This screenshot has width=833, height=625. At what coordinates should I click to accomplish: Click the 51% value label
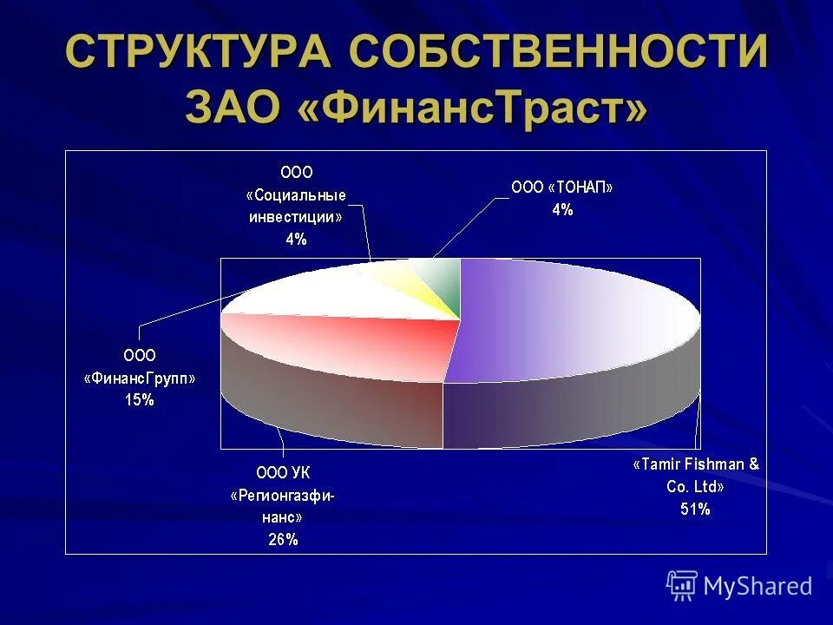click(695, 510)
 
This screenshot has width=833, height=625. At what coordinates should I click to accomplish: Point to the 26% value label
click(282, 539)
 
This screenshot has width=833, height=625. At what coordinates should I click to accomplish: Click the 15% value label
click(139, 399)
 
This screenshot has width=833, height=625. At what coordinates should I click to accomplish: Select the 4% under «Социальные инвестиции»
click(296, 239)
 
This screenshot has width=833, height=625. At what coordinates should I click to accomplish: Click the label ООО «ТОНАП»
click(562, 187)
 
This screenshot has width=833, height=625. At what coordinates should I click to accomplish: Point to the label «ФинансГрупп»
click(139, 378)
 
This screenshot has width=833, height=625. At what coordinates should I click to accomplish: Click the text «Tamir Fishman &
click(695, 464)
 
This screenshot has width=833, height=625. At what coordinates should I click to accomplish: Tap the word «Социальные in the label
click(296, 194)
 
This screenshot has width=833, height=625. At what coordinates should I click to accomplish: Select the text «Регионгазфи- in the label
click(282, 496)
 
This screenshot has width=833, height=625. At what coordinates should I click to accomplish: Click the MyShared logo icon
click(682, 586)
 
